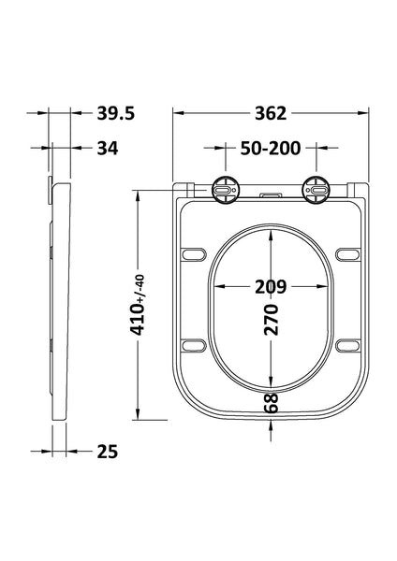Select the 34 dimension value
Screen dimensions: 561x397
tap(107, 147)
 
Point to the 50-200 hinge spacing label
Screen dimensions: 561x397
tap(271, 147)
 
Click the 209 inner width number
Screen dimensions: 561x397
tap(271, 285)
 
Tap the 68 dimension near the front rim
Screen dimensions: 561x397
tap(272, 405)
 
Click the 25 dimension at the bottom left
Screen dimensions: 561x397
tap(107, 453)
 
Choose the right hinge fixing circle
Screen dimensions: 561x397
tap(316, 188)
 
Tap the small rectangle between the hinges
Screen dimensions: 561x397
tap(271, 194)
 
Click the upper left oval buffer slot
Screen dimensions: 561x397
tap(195, 253)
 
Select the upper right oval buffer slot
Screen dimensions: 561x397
tap(346, 253)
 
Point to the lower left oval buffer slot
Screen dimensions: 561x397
tap(195, 344)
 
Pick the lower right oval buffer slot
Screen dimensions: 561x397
tap(346, 344)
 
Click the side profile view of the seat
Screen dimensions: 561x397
tap(58, 299)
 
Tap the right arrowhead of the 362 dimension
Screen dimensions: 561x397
tap(368, 113)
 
